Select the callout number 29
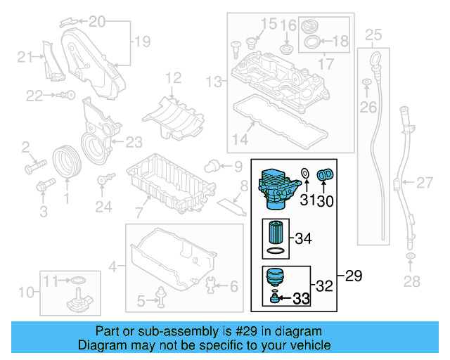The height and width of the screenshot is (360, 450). pos(353,276)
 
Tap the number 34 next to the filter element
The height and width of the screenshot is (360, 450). pos(302,239)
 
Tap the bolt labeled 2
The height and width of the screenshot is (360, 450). pos(32,167)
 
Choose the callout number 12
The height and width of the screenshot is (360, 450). pos(173,77)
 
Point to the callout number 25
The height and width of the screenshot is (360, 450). pos(373,34)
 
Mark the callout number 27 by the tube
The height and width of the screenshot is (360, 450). pos(424,184)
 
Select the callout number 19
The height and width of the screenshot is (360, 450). pos(142,42)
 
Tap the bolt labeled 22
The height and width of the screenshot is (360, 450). pos(65,94)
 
